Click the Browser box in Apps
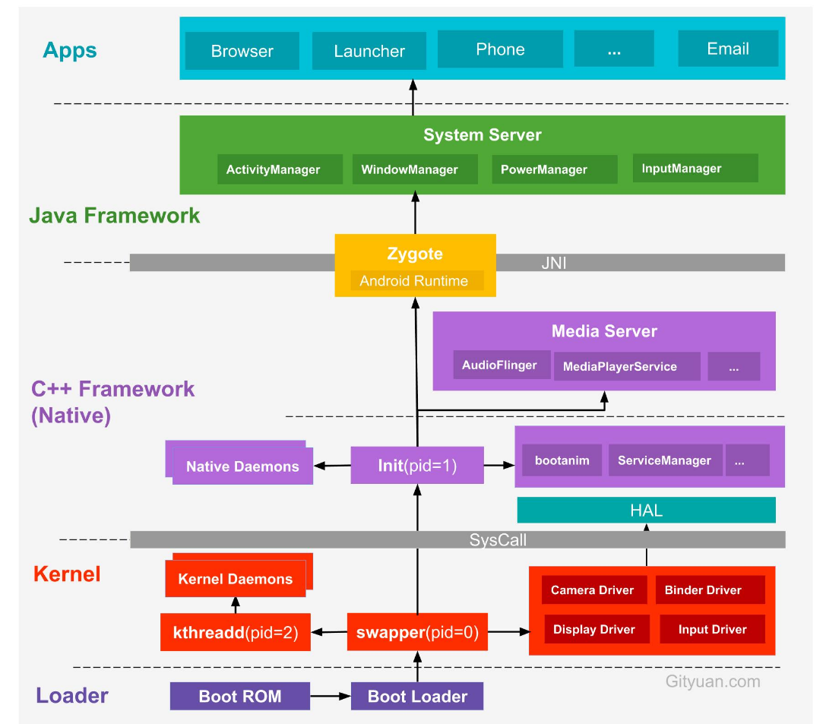(x=242, y=51)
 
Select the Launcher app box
(x=369, y=51)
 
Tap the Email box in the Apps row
(x=727, y=49)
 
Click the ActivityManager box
(x=273, y=169)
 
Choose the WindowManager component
(x=410, y=169)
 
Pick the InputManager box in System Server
(x=682, y=169)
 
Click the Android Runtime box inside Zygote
(x=414, y=281)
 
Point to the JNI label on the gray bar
(x=554, y=264)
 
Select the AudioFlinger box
(x=499, y=365)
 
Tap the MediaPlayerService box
(x=620, y=366)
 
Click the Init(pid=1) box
(x=417, y=466)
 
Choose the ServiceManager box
(x=664, y=460)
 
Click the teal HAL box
(x=646, y=511)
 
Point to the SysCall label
(x=498, y=540)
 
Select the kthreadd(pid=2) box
(x=236, y=632)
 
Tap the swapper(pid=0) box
(x=417, y=632)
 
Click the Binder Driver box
(x=703, y=590)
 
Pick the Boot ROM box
(x=239, y=696)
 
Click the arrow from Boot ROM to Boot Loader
(x=330, y=696)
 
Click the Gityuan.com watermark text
(x=712, y=681)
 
